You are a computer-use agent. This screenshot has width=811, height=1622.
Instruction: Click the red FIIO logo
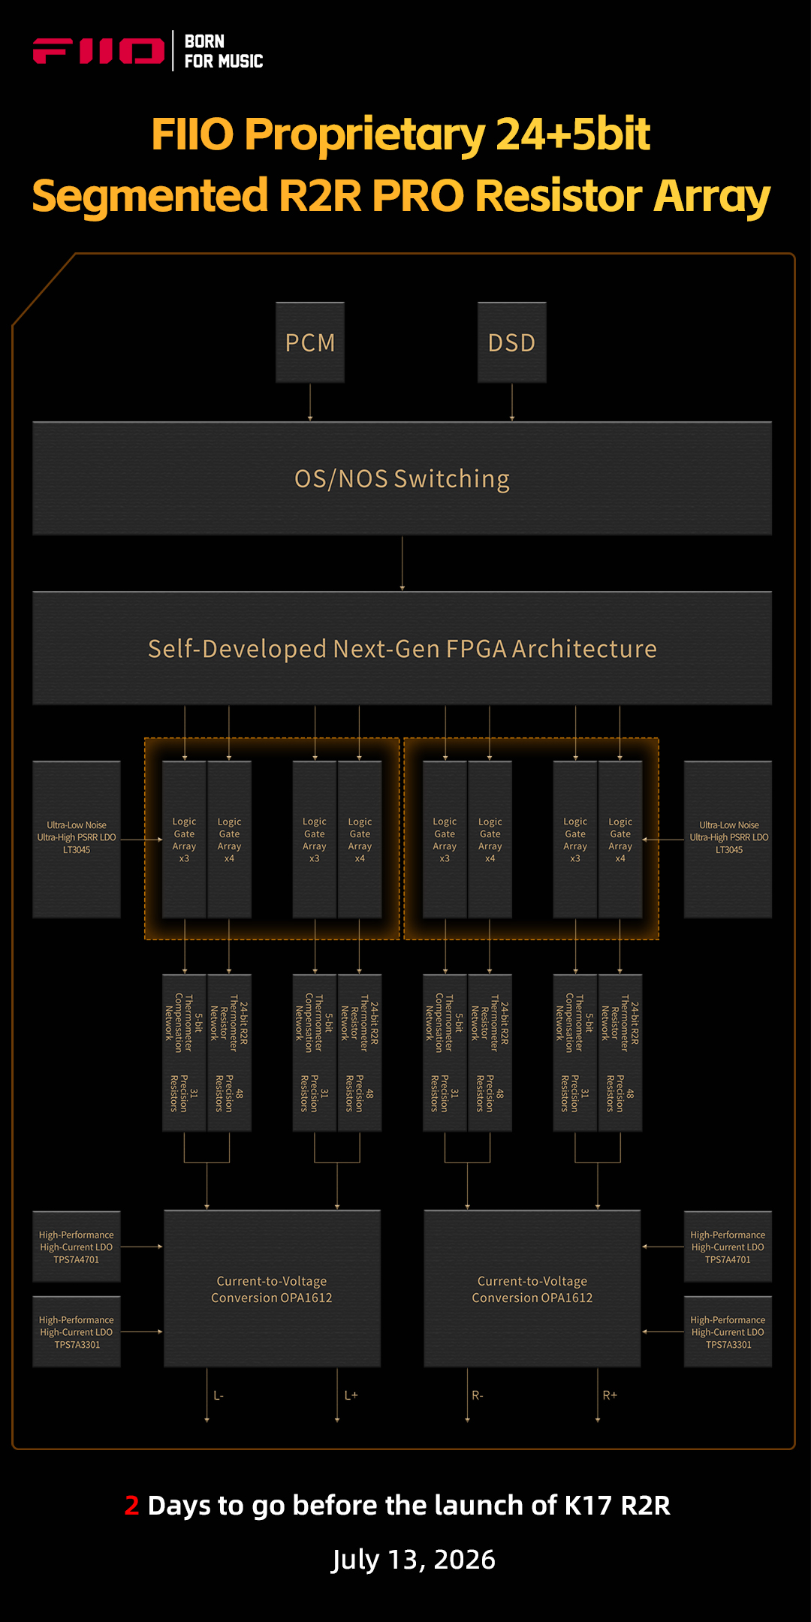click(98, 51)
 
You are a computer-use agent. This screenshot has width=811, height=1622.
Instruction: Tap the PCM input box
click(310, 342)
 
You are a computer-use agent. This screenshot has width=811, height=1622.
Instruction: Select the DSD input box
click(512, 342)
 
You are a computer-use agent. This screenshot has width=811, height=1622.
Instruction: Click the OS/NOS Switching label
click(402, 478)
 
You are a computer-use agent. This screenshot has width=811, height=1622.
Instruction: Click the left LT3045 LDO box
click(77, 840)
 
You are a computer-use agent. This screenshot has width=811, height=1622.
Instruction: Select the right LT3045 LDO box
click(728, 840)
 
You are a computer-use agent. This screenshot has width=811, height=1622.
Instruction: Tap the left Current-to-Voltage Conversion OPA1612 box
click(272, 1289)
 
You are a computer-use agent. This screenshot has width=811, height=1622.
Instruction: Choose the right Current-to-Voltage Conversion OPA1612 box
click(532, 1289)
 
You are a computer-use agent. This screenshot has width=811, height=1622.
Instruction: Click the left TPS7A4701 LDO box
click(77, 1247)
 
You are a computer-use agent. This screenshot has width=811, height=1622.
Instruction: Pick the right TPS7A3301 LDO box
click(728, 1331)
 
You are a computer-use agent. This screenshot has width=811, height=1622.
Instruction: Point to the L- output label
click(219, 1395)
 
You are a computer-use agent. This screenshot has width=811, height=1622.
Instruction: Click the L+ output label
click(351, 1395)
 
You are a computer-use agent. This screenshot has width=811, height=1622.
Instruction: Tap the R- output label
click(478, 1395)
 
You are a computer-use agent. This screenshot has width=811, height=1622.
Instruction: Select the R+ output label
click(610, 1395)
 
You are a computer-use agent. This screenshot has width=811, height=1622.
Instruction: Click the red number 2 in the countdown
click(132, 1506)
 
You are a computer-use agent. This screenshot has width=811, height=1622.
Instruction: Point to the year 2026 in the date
click(465, 1560)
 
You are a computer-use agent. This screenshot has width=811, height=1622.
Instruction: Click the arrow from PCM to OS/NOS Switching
click(310, 402)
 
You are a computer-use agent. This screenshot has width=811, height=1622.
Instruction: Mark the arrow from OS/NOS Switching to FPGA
click(402, 563)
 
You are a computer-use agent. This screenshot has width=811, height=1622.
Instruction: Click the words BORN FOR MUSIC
click(224, 51)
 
